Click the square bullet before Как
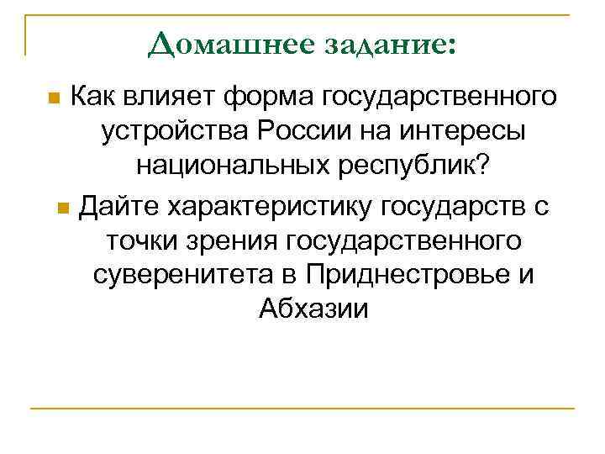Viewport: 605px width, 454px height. click(x=54, y=98)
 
